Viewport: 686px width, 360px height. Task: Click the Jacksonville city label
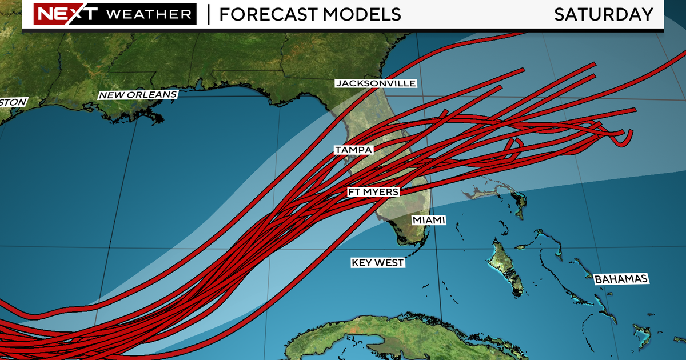(376, 83)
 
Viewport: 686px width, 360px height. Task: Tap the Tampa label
(354, 150)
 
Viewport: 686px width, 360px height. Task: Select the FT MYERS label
(373, 192)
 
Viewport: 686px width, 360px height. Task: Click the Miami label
(428, 220)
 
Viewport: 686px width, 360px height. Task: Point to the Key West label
(378, 263)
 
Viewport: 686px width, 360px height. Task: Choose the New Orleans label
(138, 95)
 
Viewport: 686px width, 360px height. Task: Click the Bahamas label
(620, 279)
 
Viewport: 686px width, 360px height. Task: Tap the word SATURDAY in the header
(603, 14)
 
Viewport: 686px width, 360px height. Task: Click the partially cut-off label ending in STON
(13, 102)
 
